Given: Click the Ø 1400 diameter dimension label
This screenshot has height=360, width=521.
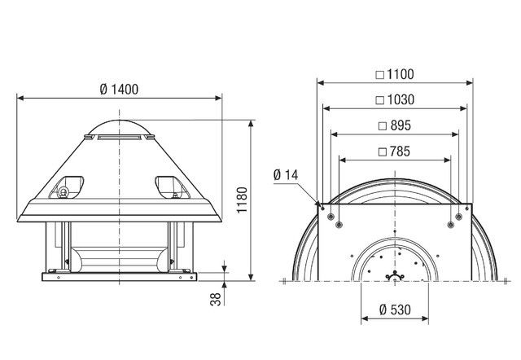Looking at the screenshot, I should (x=119, y=87).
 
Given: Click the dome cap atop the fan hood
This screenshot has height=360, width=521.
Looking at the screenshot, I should (x=119, y=122).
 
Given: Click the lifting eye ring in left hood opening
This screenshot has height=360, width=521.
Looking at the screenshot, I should (x=62, y=191).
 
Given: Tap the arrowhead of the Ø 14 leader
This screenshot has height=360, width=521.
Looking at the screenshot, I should (x=316, y=201).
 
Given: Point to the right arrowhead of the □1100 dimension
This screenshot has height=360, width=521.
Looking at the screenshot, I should (x=470, y=82).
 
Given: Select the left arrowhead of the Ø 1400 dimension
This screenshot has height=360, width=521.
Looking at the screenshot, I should (x=20, y=97).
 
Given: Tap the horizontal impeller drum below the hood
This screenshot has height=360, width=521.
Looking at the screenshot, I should (x=119, y=257).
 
